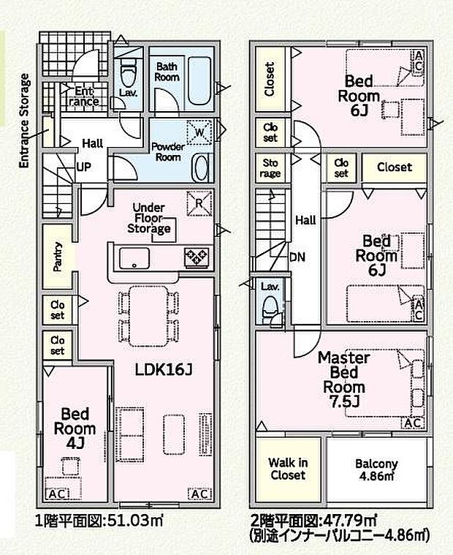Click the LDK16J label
point(164,370)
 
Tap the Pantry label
point(57,257)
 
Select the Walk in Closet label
point(288,469)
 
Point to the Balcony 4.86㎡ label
point(376,469)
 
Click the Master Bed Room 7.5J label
point(343,380)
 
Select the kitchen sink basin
point(134,258)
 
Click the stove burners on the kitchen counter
point(197,257)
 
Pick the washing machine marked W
point(199,132)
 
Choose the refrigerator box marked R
point(199,203)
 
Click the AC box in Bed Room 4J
point(57,494)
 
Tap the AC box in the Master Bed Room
point(413,423)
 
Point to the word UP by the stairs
point(84,167)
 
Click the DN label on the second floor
point(297,257)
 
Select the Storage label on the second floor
point(270,168)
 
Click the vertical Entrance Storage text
point(24,121)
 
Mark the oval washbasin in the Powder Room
point(199,167)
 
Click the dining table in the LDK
point(148,316)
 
